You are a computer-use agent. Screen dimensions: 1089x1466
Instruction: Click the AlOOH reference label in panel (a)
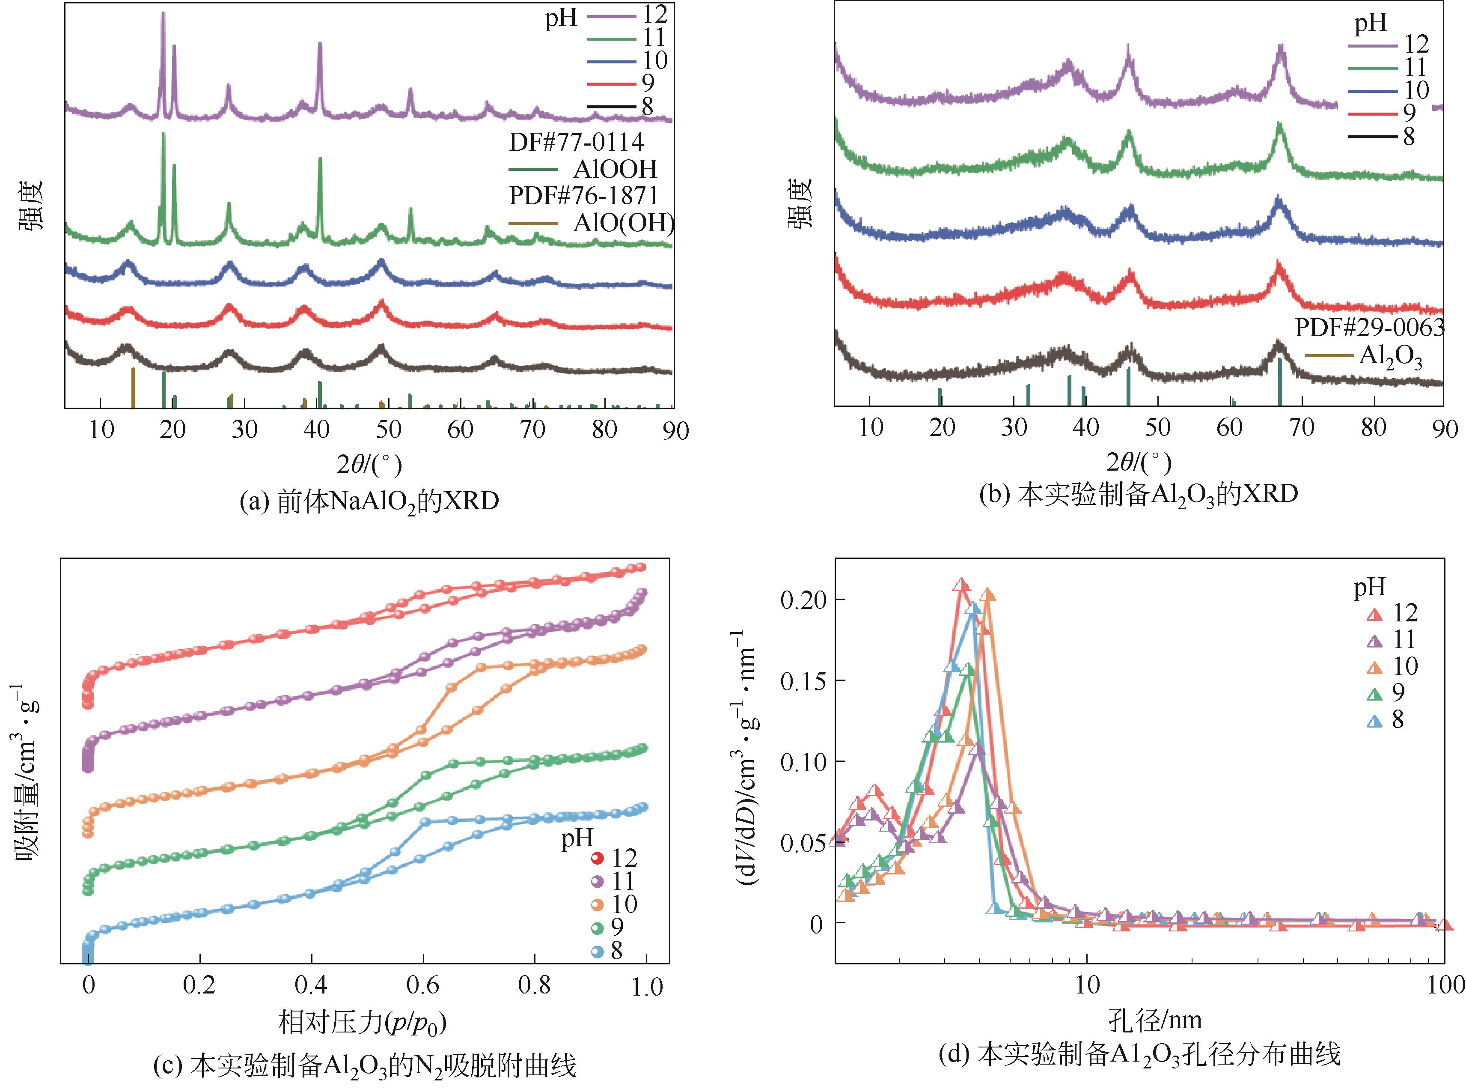(x=615, y=170)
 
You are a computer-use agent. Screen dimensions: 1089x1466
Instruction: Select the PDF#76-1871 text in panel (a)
(x=583, y=196)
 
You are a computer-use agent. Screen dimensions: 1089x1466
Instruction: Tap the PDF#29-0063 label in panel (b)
(x=1369, y=328)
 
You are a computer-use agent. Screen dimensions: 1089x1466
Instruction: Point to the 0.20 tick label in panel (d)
(x=801, y=600)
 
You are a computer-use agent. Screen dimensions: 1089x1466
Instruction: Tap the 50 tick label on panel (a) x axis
(x=388, y=430)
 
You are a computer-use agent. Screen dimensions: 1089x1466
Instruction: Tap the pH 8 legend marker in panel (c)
(x=597, y=951)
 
